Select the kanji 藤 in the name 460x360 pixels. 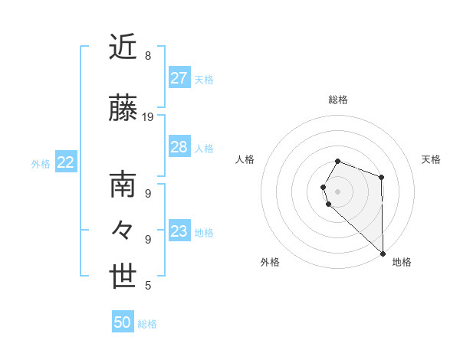(x=123, y=109)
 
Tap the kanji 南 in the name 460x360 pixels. (x=123, y=186)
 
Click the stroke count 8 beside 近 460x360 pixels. (x=148, y=56)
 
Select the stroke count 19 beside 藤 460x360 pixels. (x=148, y=117)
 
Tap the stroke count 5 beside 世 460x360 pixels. (x=148, y=286)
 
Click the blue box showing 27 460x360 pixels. (x=179, y=78)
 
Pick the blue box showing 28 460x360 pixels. (x=179, y=147)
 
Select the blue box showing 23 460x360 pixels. (x=179, y=231)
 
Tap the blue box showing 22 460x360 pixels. (x=65, y=162)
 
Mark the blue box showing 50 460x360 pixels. (x=123, y=322)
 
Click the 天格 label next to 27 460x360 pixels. (x=204, y=80)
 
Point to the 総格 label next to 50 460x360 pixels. (x=147, y=324)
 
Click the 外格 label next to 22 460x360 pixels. (x=41, y=164)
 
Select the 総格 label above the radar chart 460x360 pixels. (x=338, y=100)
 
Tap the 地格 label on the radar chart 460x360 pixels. (x=402, y=262)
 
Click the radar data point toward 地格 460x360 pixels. (x=382, y=253)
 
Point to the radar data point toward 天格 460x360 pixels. (x=381, y=177)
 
